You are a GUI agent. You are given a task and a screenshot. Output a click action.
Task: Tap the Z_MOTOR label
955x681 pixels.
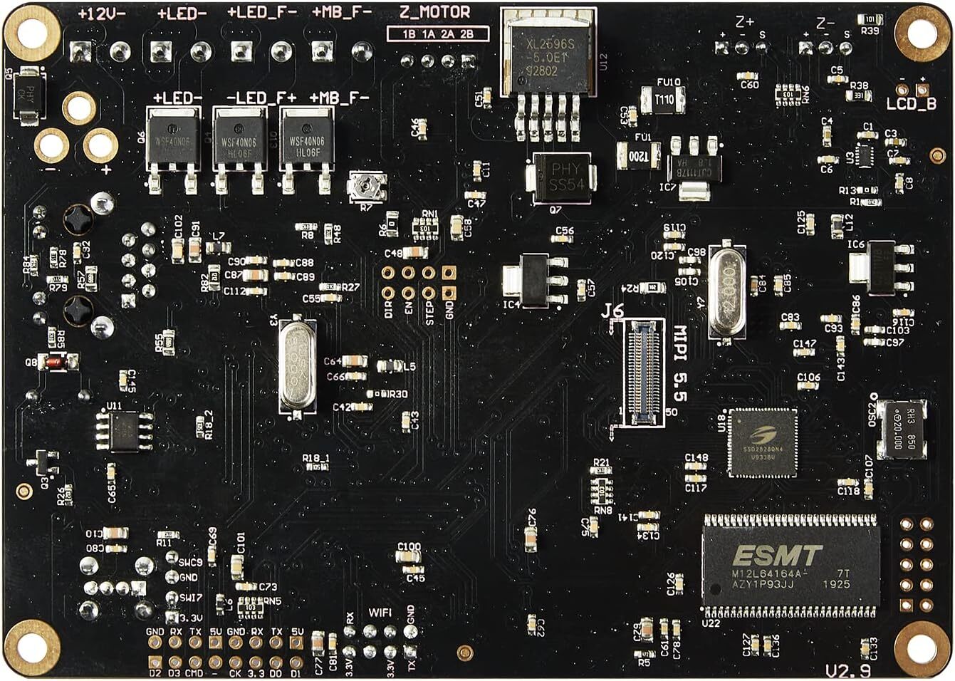pyautogui.click(x=435, y=12)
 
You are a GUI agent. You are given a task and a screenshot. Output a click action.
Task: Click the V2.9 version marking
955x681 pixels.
pyautogui.click(x=847, y=670)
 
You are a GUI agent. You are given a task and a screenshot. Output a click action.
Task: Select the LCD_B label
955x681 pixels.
pyautogui.click(x=911, y=104)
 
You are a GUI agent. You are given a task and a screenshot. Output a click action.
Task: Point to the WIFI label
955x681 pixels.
pyautogui.click(x=380, y=612)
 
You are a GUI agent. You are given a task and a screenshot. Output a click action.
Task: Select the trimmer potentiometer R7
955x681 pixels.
pyautogui.click(x=367, y=187)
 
